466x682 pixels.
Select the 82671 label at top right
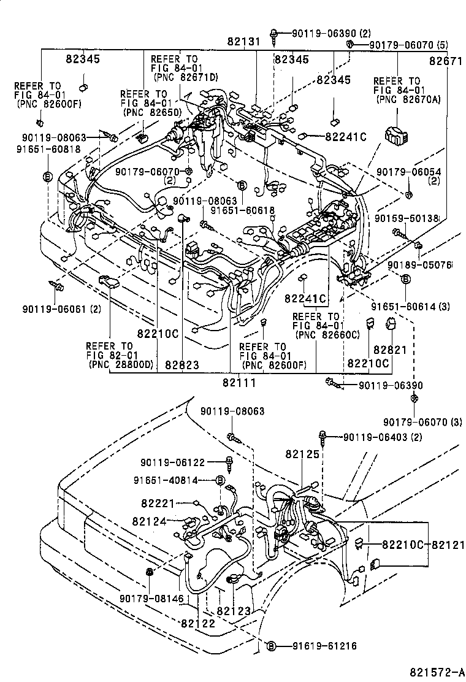tap(445, 61)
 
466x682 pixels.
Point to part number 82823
tap(181, 365)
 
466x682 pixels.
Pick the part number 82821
tap(390, 349)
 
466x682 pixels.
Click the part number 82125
tap(302, 454)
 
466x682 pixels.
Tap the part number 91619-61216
tap(324, 646)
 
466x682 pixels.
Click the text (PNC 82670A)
tap(402, 99)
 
